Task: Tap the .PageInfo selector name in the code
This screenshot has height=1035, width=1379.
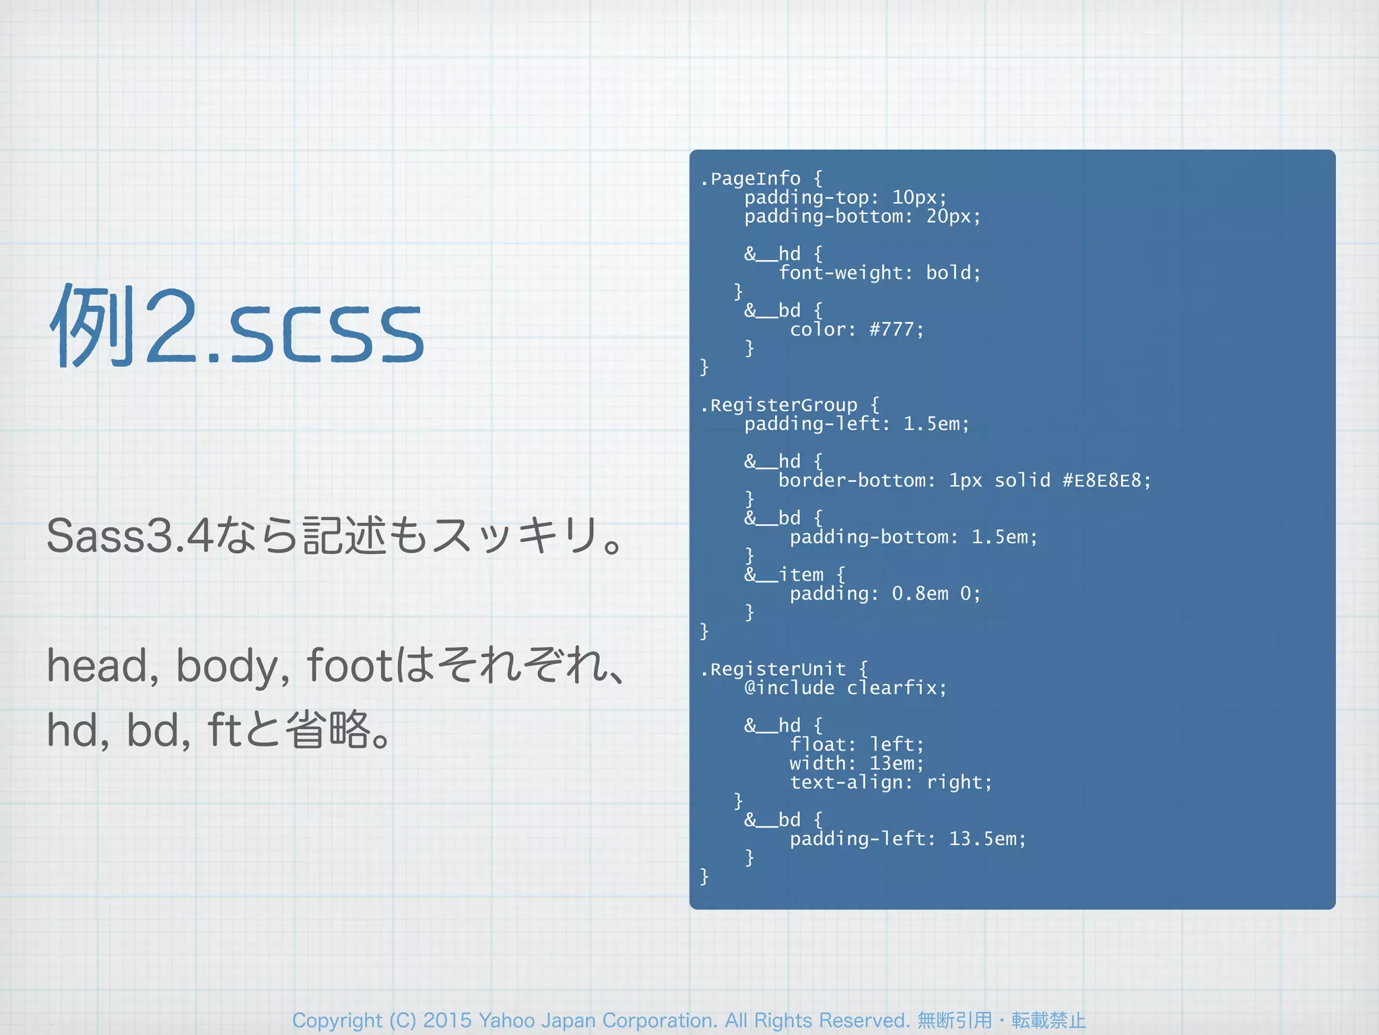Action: [751, 179]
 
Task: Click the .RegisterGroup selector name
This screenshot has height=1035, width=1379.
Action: [779, 405]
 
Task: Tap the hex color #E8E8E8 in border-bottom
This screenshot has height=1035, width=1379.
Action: [1102, 480]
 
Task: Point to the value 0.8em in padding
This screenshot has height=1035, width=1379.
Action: [920, 594]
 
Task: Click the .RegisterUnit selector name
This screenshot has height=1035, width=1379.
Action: [773, 669]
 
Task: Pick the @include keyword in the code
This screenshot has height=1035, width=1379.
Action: [789, 688]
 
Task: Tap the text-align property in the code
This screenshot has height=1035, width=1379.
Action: [851, 782]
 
